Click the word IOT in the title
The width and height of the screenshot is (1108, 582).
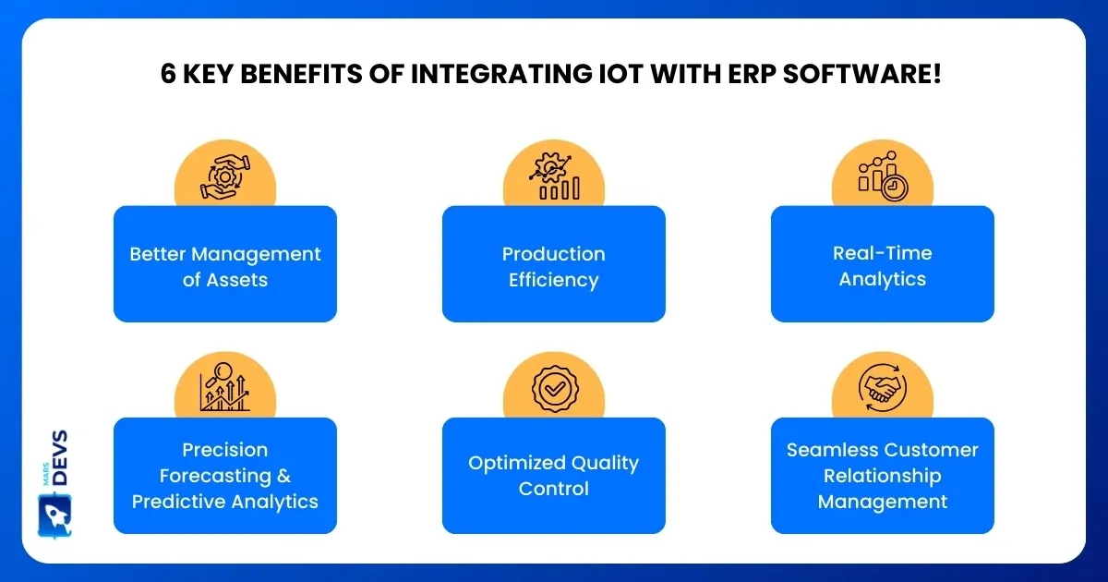(620, 74)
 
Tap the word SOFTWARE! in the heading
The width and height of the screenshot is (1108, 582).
(861, 74)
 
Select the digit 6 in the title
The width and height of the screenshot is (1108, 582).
(168, 74)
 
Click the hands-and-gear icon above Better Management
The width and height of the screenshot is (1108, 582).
(225, 177)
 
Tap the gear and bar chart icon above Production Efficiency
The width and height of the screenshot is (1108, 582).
(553, 176)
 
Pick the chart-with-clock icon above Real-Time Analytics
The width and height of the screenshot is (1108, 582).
(883, 176)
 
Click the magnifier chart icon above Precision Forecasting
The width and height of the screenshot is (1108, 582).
(225, 387)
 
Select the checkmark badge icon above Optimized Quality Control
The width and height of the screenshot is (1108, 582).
(555, 389)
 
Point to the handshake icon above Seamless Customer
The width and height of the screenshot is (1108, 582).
(883, 387)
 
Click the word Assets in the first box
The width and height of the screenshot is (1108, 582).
(237, 280)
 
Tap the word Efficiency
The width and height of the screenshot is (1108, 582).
(553, 281)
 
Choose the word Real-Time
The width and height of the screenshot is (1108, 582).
(883, 253)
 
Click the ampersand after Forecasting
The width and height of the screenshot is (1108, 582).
(284, 476)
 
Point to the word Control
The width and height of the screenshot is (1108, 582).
(553, 489)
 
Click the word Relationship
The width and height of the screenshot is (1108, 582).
(883, 476)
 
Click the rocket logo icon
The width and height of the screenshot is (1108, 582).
(54, 515)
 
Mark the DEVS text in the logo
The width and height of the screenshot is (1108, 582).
(60, 457)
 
